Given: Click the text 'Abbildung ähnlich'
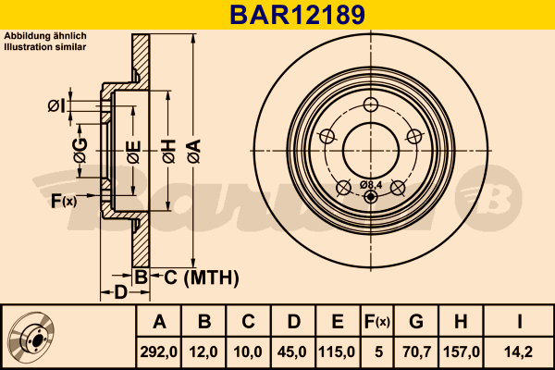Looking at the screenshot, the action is point(46,35).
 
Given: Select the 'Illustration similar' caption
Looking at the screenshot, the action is point(45,45).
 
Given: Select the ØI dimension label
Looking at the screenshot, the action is point(57,105).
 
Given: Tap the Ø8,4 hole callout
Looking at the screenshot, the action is point(371,185).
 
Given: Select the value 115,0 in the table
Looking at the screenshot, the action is point(337,351).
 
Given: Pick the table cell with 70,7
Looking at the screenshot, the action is point(416,351).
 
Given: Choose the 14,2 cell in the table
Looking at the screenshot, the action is point(521,351).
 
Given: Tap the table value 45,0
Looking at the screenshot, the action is point(292,351).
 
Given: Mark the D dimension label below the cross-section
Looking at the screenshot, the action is point(120,293).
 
